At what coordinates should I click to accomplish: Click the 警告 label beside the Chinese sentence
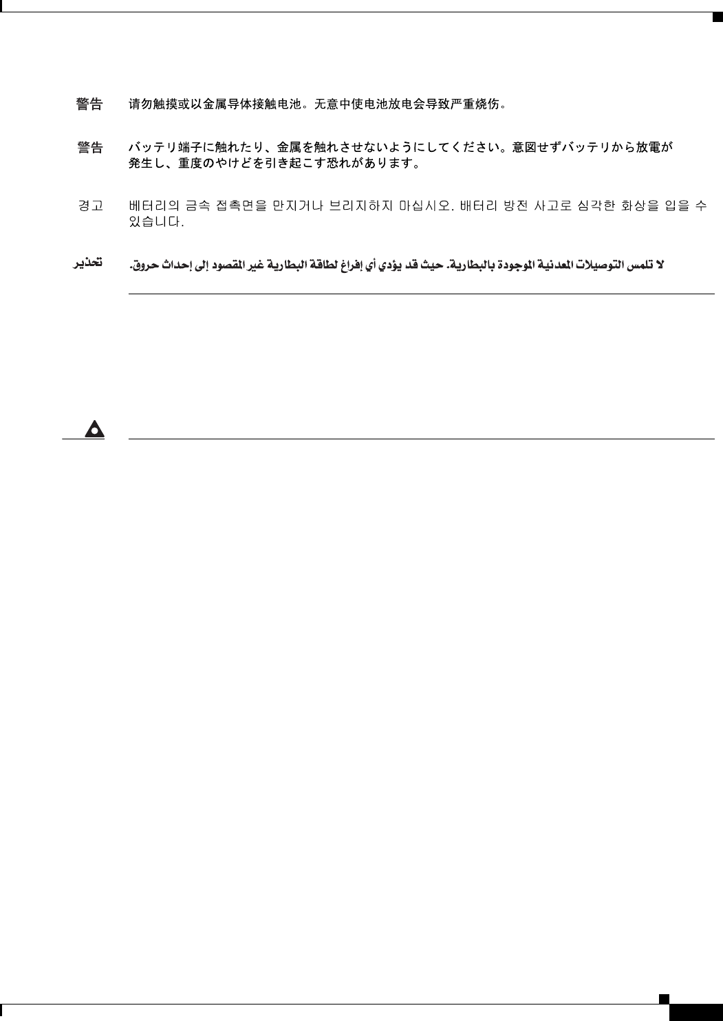[x=89, y=105]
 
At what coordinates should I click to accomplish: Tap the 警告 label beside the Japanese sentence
[x=89, y=148]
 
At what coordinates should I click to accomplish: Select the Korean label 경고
[x=89, y=206]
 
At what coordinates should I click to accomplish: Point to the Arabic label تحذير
[x=89, y=263]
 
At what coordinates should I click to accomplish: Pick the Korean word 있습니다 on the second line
[x=156, y=223]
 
